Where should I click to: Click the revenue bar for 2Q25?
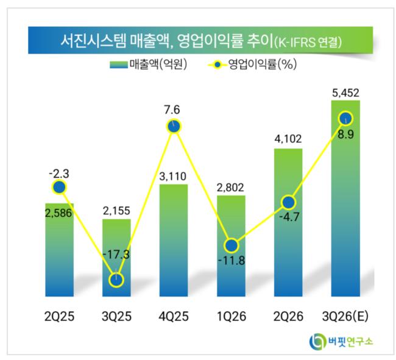(59, 250)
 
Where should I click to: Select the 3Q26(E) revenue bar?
(345, 198)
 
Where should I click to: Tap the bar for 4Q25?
(174, 241)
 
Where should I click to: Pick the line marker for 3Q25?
(116, 280)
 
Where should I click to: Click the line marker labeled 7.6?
(174, 126)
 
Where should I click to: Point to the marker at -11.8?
(232, 245)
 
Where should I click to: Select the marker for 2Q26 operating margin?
(288, 202)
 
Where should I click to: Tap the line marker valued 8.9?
(345, 118)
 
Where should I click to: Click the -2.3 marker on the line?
(59, 188)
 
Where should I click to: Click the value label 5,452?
(345, 93)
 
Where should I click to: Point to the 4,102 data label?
(288, 139)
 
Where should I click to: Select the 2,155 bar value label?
(116, 211)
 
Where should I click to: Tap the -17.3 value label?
(116, 254)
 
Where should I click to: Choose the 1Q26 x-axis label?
(232, 316)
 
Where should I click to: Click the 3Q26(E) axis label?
(345, 316)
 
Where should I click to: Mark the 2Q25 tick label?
(59, 316)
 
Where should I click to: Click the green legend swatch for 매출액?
(119, 65)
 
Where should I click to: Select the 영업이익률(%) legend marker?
(217, 65)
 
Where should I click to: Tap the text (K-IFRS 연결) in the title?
(308, 42)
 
